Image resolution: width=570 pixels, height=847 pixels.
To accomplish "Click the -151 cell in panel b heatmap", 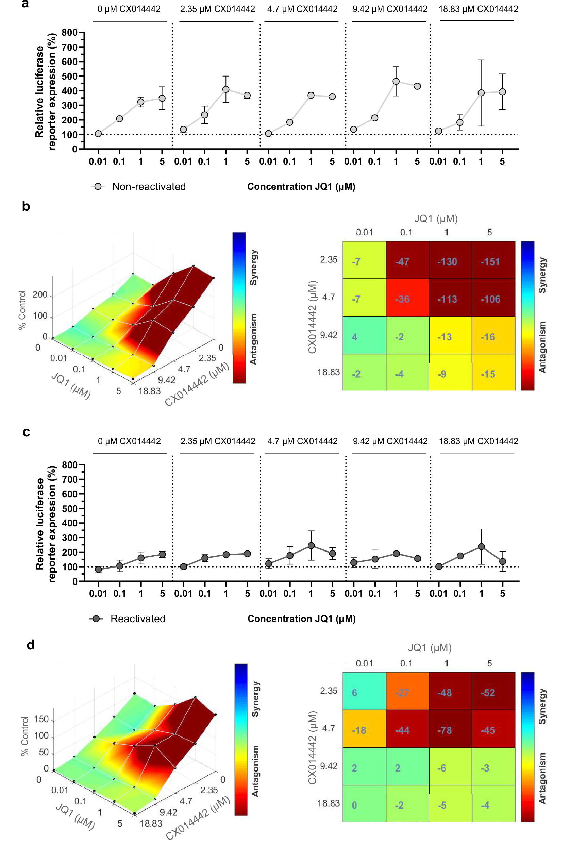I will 493,261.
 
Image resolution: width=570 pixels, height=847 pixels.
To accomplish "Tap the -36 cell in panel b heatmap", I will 407,299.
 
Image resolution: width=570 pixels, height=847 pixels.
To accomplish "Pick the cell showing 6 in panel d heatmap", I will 364,692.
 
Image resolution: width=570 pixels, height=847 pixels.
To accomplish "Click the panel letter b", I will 26,206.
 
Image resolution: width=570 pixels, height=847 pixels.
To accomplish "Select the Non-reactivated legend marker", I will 98,186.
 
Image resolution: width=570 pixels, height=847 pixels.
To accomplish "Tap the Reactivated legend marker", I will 96,619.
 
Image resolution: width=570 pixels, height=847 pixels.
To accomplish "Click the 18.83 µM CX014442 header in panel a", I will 478,9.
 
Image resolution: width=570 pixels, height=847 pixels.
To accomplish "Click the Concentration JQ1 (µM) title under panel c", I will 301,619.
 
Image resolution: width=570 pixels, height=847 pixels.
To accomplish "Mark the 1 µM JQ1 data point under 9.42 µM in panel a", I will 396,81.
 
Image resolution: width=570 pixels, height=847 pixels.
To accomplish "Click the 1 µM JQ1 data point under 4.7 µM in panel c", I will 311,546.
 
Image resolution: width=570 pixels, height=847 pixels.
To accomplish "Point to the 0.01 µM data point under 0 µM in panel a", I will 98,134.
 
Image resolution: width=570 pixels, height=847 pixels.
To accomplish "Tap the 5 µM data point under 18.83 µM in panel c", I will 502,561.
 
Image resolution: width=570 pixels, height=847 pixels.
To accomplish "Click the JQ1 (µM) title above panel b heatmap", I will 436,218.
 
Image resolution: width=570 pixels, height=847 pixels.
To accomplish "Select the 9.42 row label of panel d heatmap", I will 328,766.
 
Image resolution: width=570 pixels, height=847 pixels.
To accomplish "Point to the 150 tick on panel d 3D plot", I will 41,719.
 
